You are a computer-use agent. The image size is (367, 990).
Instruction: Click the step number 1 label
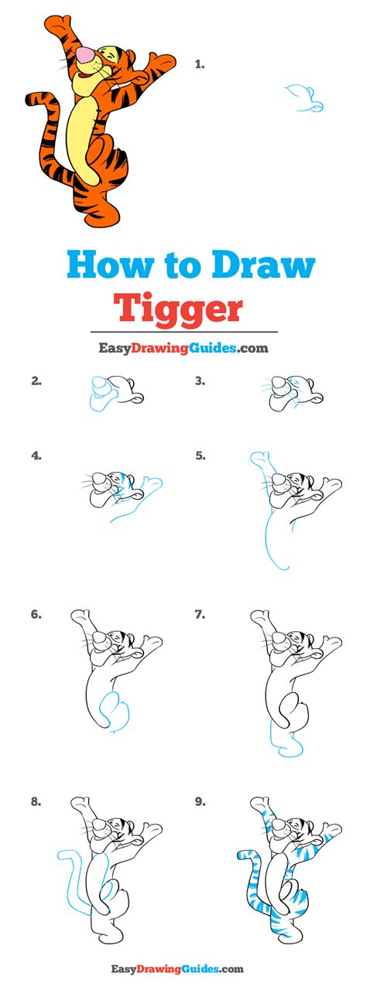199,64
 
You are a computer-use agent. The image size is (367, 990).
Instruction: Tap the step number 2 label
36,380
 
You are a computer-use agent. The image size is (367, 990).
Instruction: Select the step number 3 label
199,380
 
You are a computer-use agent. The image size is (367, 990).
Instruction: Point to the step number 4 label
36,456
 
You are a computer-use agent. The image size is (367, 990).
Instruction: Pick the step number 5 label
200,456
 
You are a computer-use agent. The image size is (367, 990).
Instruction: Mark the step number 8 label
36,801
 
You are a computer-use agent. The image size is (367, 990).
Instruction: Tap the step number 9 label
200,801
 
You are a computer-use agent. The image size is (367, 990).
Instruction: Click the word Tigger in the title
178,307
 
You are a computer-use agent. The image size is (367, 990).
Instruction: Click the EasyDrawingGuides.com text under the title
183,348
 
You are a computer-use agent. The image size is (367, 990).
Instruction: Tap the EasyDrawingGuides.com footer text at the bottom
183,968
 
